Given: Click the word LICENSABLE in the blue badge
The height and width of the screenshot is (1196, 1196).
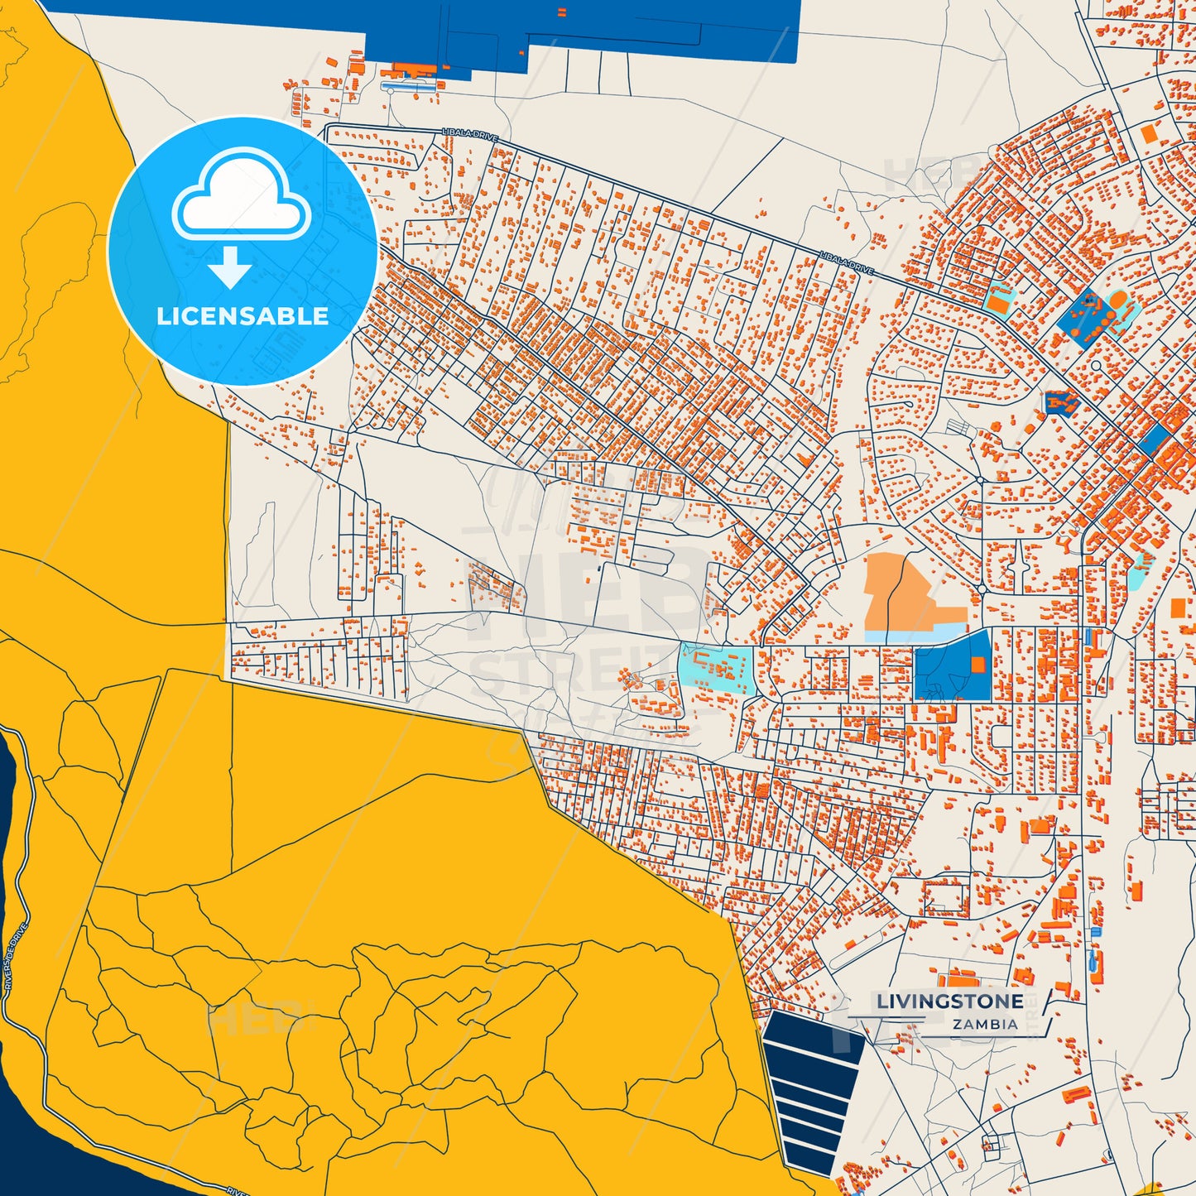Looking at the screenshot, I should (243, 316).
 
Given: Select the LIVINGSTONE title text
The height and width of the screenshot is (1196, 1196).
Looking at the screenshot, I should (949, 1001).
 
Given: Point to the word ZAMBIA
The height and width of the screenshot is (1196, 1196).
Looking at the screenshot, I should (985, 1024).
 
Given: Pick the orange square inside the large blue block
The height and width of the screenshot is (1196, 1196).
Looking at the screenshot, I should (978, 664).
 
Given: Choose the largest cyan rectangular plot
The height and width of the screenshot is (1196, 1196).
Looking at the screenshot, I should (715, 668).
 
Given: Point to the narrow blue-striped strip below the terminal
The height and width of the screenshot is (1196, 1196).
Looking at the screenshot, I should (409, 85).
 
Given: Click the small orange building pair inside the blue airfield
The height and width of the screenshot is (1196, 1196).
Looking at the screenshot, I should (562, 12).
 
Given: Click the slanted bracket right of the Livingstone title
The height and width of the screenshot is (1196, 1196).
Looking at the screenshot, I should (1045, 1012).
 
